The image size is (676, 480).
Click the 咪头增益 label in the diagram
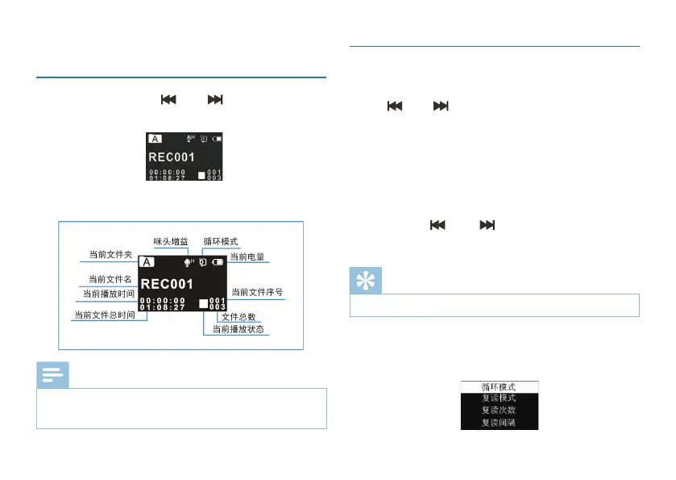171,241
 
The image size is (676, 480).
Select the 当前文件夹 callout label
110,255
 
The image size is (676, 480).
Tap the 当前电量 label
247,257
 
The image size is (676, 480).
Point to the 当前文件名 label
110,279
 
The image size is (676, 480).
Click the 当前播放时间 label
109,293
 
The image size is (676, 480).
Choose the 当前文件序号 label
257,292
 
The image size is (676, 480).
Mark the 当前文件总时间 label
105,315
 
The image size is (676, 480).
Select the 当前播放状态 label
238,329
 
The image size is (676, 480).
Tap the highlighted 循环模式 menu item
499,387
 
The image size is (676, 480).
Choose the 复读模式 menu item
499,399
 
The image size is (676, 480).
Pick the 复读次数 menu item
499,411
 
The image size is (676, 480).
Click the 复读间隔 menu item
499,423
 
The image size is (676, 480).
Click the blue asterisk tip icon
366,280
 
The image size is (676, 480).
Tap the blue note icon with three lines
52,374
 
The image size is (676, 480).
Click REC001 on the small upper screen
171,157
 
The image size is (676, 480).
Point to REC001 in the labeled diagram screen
168,284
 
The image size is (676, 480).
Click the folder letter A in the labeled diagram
147,261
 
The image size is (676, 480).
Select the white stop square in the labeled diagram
204,305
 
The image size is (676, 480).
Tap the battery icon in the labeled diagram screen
218,261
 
